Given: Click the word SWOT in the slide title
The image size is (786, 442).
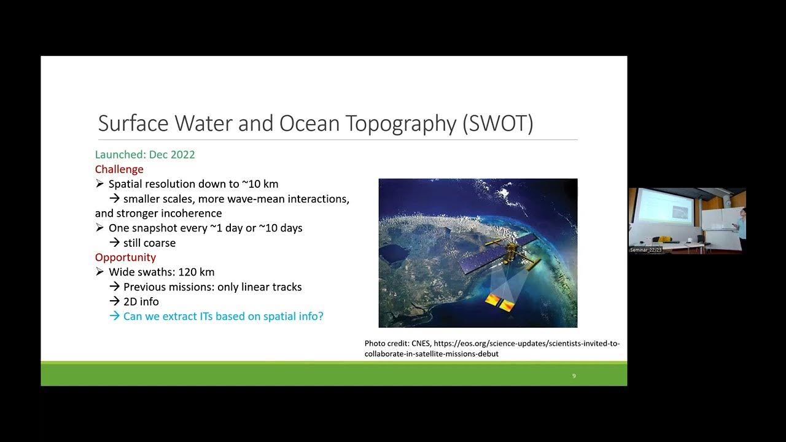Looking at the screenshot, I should click(498, 123).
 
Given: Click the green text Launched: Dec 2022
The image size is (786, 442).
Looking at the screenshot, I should click(145, 155).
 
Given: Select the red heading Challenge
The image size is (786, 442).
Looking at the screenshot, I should click(119, 169).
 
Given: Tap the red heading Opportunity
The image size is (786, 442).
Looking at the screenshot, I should click(125, 257).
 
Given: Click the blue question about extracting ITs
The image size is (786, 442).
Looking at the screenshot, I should click(223, 316).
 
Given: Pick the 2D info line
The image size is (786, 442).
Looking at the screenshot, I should click(141, 301).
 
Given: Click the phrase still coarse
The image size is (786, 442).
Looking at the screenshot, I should click(149, 243).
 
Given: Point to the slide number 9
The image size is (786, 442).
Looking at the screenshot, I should click(574, 376).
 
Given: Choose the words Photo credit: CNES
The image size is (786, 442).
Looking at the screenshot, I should click(397, 344).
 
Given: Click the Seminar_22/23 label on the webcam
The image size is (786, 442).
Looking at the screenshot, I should click(646, 250).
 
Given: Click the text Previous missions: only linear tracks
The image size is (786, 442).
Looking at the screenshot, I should click(212, 287).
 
